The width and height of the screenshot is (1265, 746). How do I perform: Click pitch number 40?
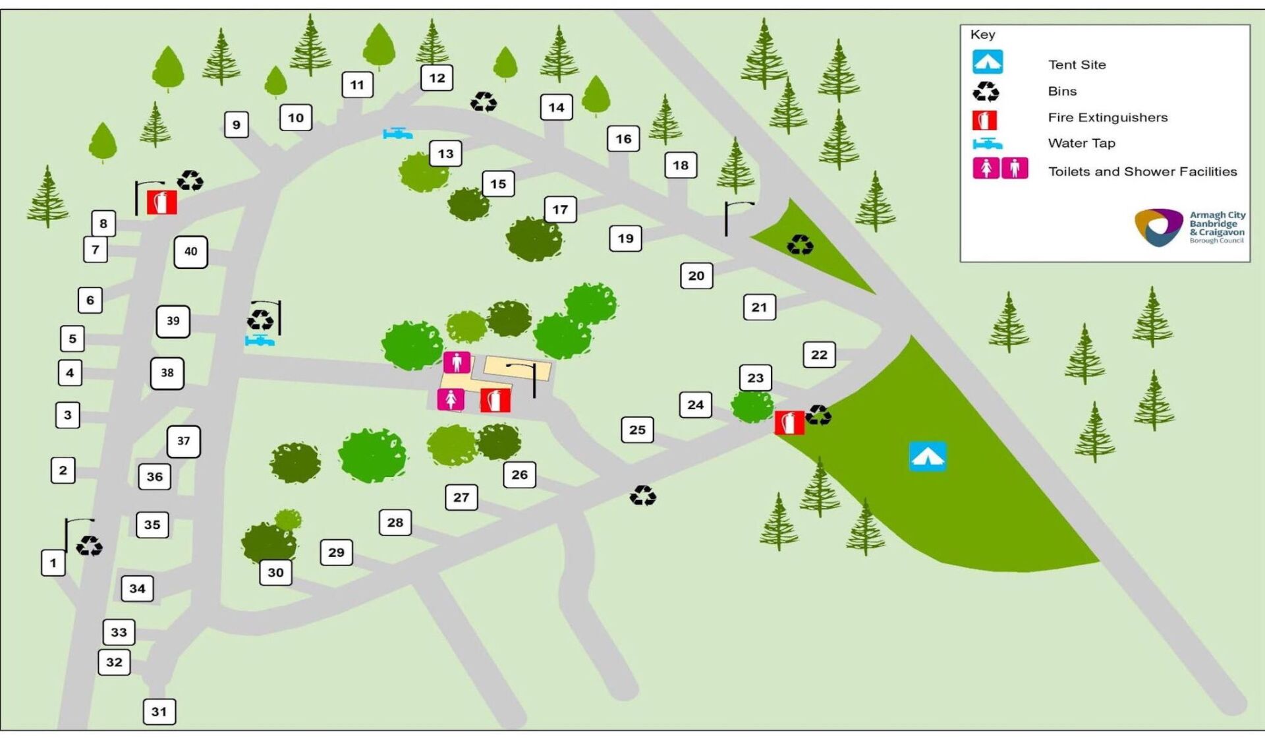190,252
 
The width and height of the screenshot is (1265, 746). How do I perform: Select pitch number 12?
437,78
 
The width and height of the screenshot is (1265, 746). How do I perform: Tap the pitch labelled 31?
159,712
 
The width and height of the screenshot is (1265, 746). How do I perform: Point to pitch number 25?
637,430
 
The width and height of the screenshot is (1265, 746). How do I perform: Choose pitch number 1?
53,563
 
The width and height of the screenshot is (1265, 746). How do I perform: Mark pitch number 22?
819,355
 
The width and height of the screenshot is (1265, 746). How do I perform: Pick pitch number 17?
560,210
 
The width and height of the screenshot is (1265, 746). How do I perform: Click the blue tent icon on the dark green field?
928,456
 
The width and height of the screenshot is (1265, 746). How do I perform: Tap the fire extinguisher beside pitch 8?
161,202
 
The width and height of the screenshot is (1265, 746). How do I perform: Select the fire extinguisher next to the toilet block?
495,400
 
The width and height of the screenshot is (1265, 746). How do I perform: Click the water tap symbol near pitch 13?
397,134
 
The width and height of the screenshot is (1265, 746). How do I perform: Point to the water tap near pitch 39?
260,341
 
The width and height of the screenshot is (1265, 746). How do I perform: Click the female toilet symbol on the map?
451,399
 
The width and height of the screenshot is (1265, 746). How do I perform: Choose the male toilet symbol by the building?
457,362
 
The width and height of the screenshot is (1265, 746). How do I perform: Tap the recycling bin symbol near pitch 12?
484,102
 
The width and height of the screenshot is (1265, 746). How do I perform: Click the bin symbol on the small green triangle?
800,245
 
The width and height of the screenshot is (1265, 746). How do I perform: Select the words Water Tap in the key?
1081,143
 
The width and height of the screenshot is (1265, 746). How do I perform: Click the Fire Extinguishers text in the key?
1108,117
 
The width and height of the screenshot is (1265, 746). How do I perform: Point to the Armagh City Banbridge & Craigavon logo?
1189,227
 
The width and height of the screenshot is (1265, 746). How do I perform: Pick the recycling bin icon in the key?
986,91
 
